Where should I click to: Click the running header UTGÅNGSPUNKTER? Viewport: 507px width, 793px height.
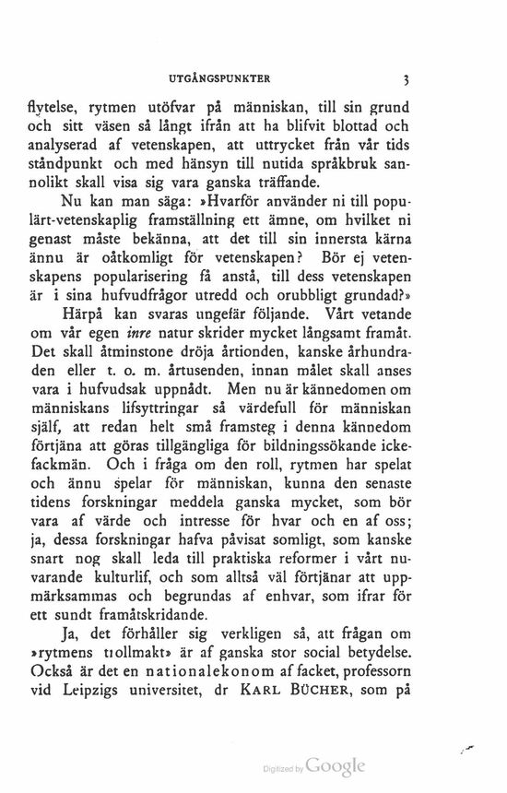click(x=230, y=79)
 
